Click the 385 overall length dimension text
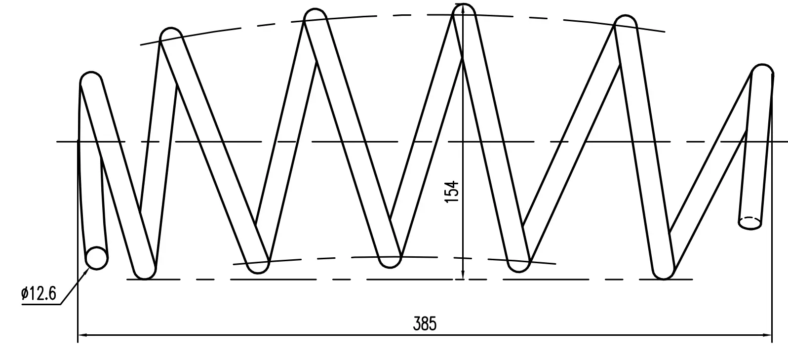425,324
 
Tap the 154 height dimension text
452,192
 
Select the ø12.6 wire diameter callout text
39,293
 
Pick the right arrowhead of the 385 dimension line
767,335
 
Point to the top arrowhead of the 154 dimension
463,10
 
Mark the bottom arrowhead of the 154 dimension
463,274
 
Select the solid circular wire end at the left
97,258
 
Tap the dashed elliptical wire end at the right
750,223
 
